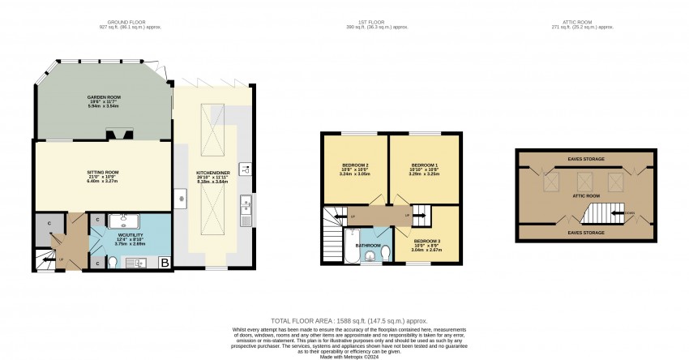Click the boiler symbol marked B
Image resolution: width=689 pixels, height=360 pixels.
point(165,263)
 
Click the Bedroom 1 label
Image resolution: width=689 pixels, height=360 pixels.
point(425,165)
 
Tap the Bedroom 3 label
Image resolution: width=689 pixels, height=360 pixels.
point(426,242)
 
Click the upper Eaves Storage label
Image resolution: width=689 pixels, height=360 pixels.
point(585,159)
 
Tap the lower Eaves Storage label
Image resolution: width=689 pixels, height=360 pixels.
point(585,233)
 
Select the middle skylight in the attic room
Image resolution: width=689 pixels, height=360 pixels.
point(586,178)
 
